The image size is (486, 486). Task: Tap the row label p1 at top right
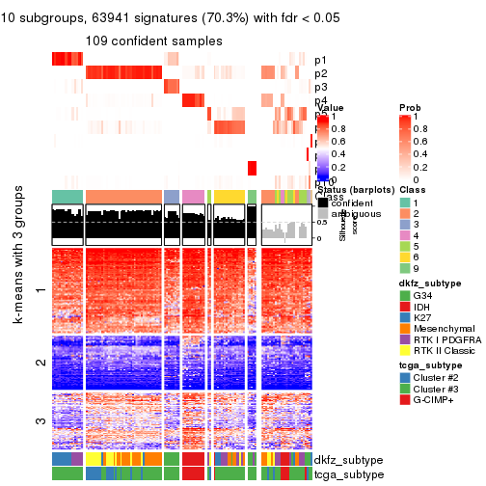(x=320, y=60)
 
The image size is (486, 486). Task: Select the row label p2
(x=320, y=73)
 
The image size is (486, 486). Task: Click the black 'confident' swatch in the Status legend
(x=323, y=202)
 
